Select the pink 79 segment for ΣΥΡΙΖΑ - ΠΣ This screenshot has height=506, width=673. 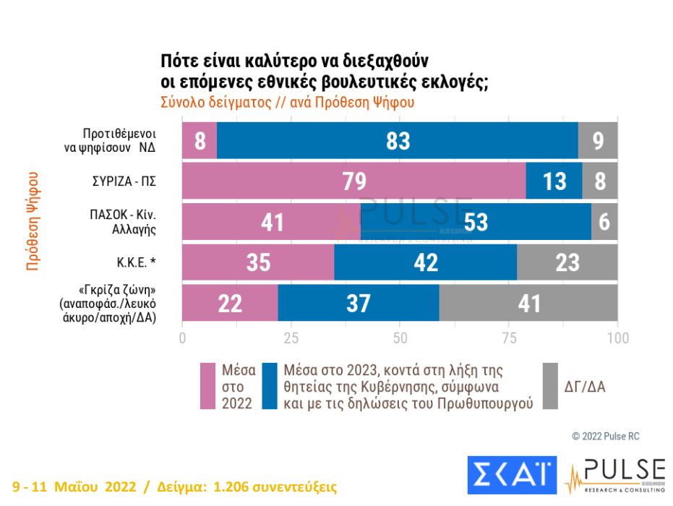353,181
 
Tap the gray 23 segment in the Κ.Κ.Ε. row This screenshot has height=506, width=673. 567,262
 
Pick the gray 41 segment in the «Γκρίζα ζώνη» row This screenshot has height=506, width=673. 528,303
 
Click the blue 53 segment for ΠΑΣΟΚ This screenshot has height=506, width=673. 475,221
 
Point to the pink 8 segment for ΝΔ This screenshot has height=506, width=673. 199,140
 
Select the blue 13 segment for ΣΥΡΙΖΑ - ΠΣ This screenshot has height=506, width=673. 554,181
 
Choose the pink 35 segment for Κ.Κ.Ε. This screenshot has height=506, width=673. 257,262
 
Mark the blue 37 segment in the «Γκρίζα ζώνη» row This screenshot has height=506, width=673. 358,303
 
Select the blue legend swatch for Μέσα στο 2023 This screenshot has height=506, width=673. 270,387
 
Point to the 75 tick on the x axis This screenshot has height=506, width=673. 508,338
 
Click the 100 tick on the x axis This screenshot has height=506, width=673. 617,338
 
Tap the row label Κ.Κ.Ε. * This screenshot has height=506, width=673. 138,262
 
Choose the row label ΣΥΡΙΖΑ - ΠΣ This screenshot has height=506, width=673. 121,180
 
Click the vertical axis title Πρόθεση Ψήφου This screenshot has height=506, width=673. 33,220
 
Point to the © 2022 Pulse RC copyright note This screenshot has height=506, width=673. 606,436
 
